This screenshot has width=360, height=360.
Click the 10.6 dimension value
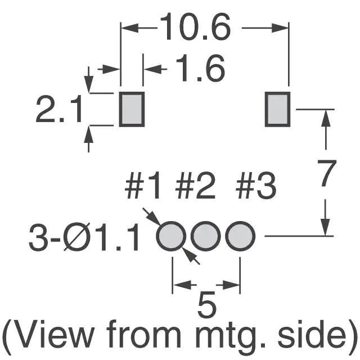[x=195, y=26]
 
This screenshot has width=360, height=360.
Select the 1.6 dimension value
[x=200, y=68]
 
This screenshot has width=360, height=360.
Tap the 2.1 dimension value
[x=58, y=109]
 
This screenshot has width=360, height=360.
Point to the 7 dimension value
[x=327, y=173]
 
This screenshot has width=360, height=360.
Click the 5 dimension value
[x=206, y=304]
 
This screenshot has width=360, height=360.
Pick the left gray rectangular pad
[x=132, y=109]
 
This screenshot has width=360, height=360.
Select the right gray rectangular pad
[x=277, y=109]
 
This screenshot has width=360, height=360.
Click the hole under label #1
[x=171, y=236]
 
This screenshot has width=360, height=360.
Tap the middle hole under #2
[x=205, y=236]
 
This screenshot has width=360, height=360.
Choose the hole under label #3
[x=240, y=236]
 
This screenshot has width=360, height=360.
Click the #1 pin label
[x=142, y=186]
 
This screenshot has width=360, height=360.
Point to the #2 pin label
[x=195, y=186]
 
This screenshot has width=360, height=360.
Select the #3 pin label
[x=256, y=186]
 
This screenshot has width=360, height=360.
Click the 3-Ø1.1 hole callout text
[x=84, y=238]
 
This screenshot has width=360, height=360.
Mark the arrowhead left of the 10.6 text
[x=130, y=28]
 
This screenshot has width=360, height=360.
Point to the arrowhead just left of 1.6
[x=152, y=69]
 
